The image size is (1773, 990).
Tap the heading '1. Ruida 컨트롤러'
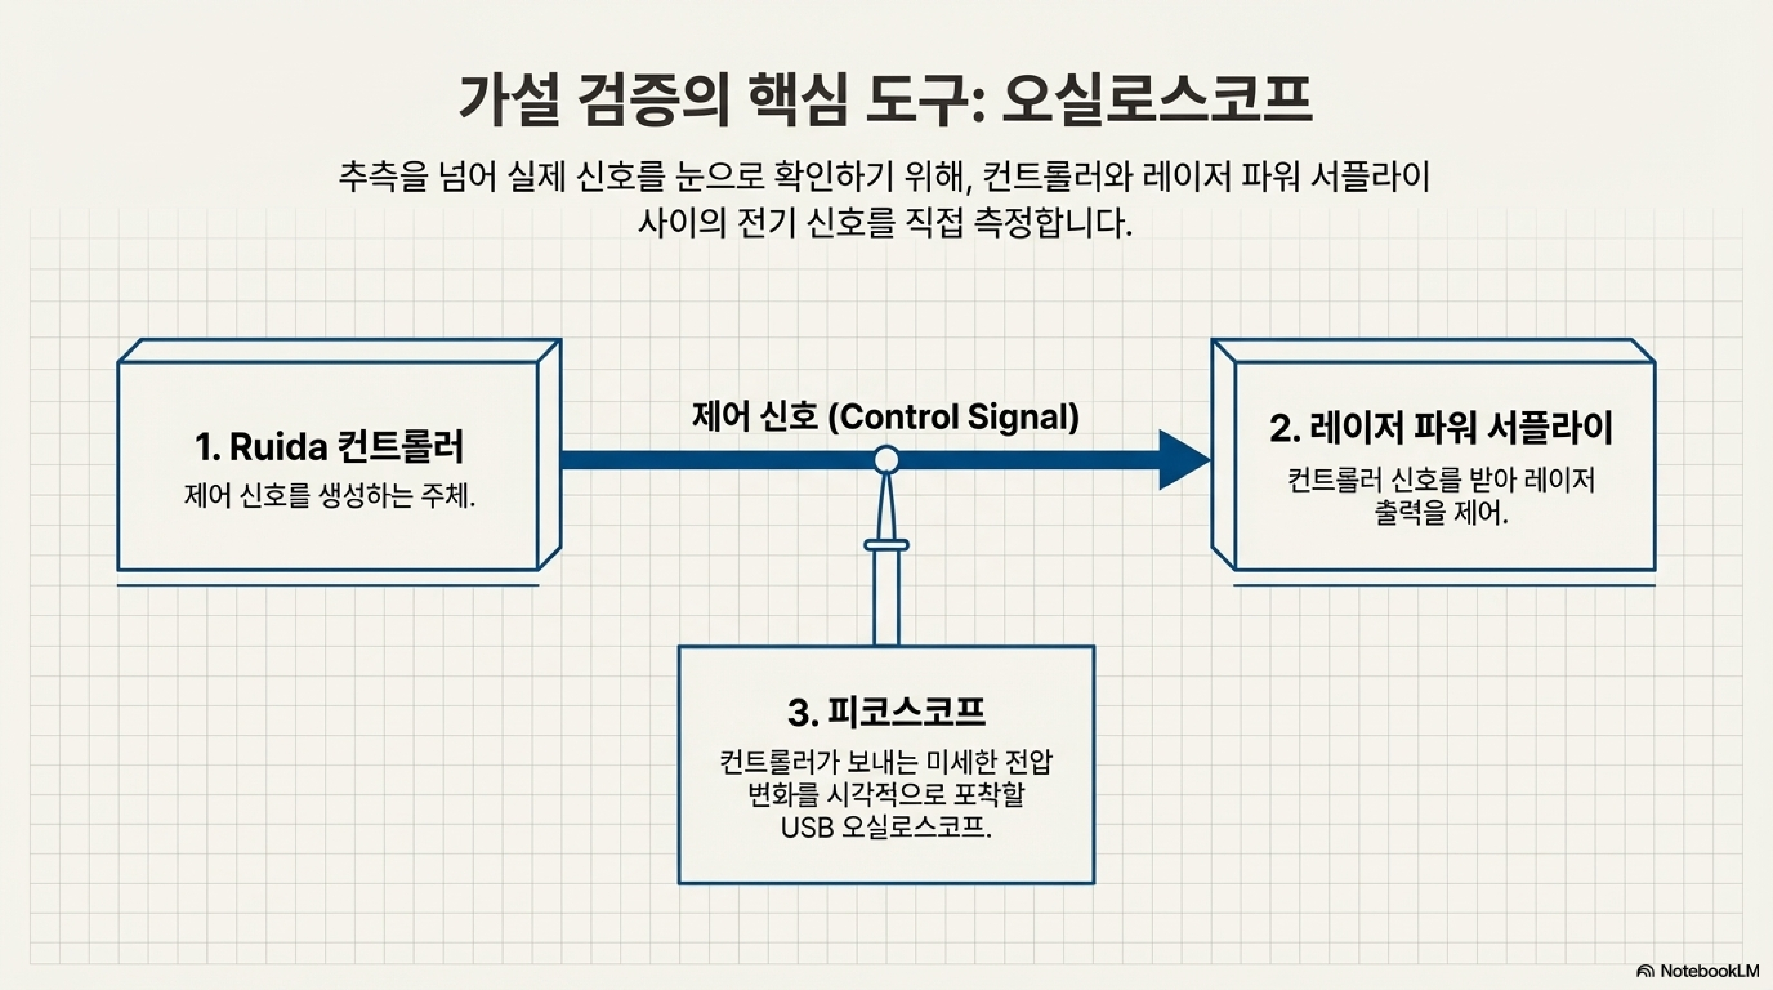coord(329,446)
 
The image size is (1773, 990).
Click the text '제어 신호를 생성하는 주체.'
coord(329,496)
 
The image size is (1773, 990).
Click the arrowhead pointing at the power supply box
coord(1182,460)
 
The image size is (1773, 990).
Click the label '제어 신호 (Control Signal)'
coord(886,417)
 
